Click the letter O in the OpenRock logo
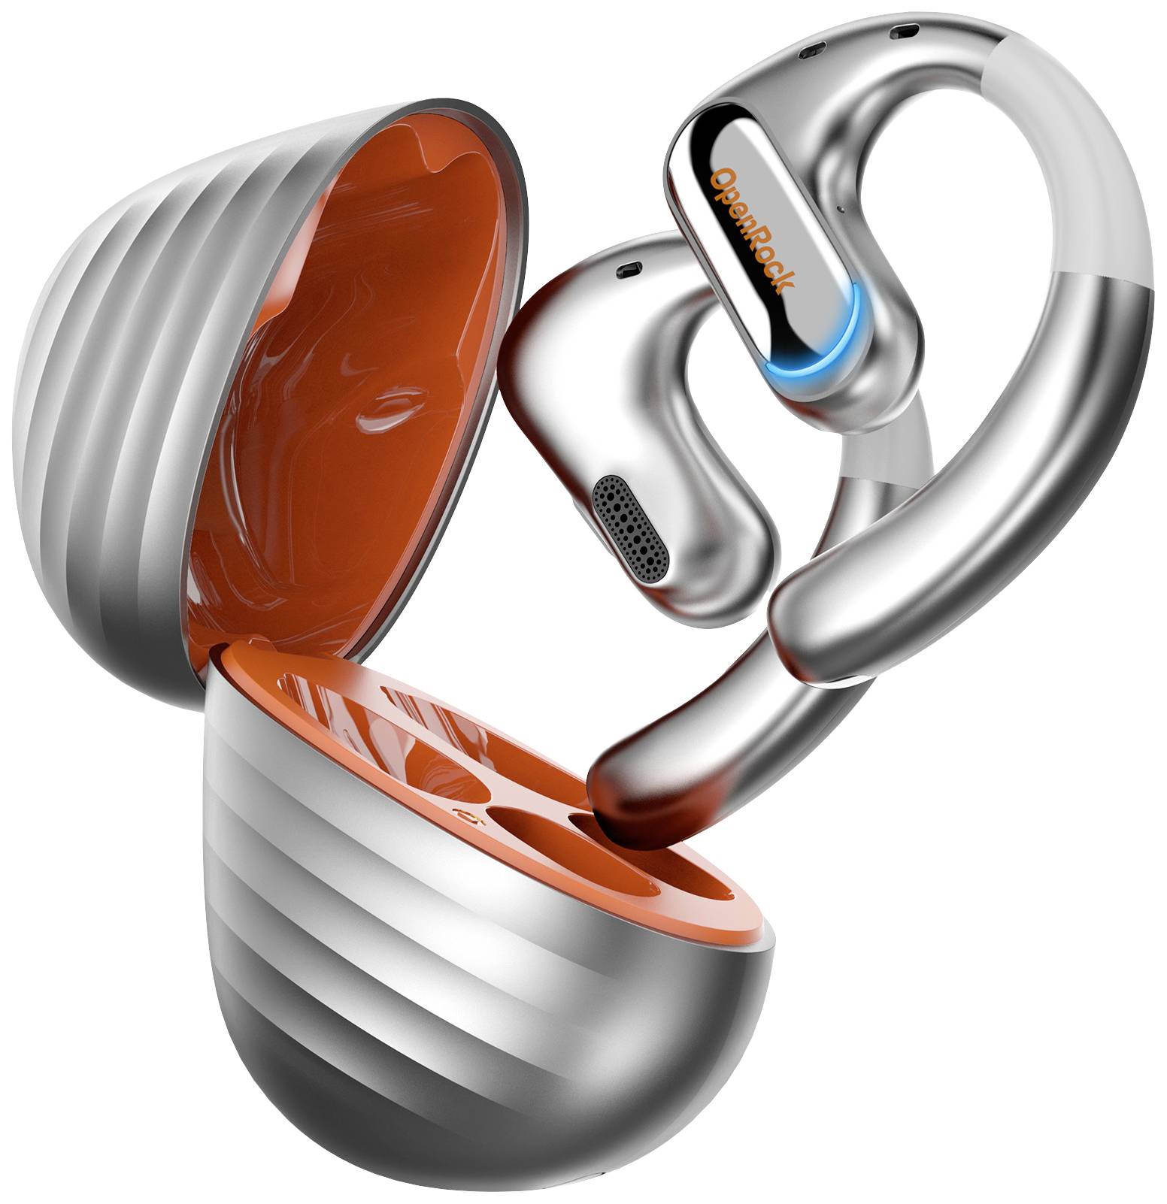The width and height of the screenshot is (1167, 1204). click(x=720, y=180)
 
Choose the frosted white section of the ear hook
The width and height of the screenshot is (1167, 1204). click(x=1083, y=173)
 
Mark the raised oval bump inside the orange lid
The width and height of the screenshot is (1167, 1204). click(x=391, y=406)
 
